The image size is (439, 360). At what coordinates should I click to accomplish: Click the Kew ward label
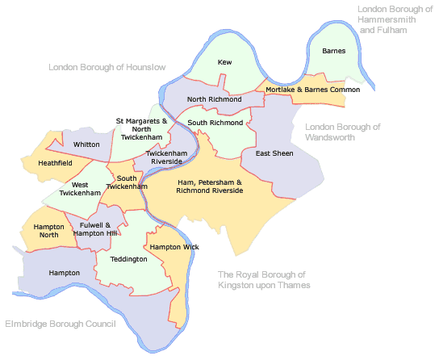(226, 61)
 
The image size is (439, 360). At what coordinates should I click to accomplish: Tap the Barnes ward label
(333, 52)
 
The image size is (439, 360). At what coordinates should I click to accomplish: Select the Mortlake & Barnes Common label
(312, 90)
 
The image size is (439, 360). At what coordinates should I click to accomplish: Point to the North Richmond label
(214, 99)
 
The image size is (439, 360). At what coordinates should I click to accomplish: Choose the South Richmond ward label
(215, 123)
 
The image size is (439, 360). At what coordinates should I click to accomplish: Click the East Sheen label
(274, 153)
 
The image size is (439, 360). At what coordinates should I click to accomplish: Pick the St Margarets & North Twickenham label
(142, 128)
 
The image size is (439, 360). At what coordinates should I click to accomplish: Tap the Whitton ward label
(86, 144)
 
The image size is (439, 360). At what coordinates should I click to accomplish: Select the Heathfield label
(55, 163)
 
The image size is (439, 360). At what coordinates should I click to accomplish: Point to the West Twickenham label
(80, 189)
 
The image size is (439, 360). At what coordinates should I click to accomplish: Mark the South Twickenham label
(128, 182)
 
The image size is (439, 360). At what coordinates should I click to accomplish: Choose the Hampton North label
(48, 231)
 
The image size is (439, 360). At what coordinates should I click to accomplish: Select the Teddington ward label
(129, 259)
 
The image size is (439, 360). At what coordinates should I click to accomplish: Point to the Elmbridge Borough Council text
(61, 324)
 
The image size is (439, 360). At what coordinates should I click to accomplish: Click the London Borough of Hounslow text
(107, 68)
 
